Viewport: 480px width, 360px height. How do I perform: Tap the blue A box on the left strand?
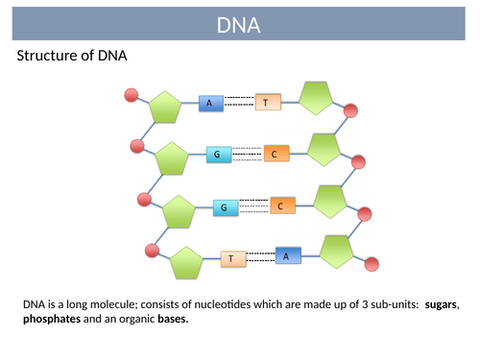click(210, 102)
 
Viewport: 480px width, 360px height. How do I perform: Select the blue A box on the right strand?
click(288, 254)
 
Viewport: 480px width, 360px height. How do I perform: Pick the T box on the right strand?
click(266, 102)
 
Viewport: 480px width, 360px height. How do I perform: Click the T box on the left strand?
click(232, 258)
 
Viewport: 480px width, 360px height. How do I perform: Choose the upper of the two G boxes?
click(219, 155)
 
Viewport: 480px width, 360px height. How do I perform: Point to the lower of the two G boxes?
click(225, 207)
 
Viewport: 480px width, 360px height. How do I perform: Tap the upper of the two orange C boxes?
click(274, 154)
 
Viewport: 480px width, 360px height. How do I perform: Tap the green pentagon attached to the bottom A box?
click(337, 252)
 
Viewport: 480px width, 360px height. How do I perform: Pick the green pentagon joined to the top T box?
click(317, 98)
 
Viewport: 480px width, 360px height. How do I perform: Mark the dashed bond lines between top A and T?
click(238, 102)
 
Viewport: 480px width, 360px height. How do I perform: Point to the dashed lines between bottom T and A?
click(260, 256)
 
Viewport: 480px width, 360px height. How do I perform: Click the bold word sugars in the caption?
click(441, 304)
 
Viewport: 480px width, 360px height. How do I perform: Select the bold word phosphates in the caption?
click(55, 320)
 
